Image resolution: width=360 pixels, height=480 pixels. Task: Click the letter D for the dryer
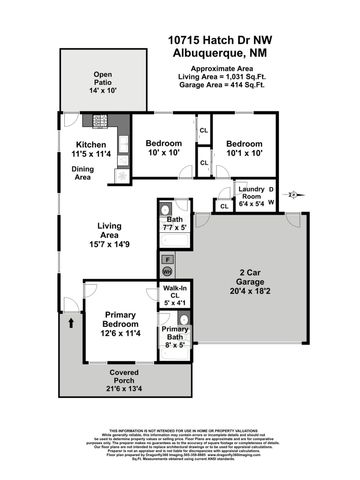click(x=272, y=189)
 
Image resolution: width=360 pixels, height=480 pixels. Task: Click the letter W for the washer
click(x=272, y=202)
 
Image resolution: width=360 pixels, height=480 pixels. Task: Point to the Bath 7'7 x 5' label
click(x=176, y=225)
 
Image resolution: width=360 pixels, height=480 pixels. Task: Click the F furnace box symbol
click(x=167, y=259)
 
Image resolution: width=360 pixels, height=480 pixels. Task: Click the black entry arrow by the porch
click(x=72, y=324)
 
